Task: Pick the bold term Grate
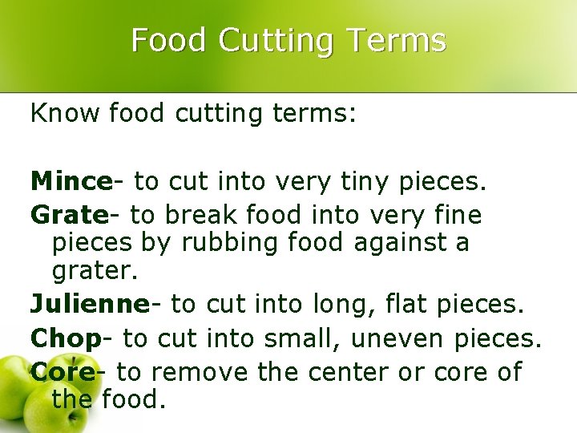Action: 69,215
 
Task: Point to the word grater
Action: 94,270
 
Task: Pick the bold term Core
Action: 63,372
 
